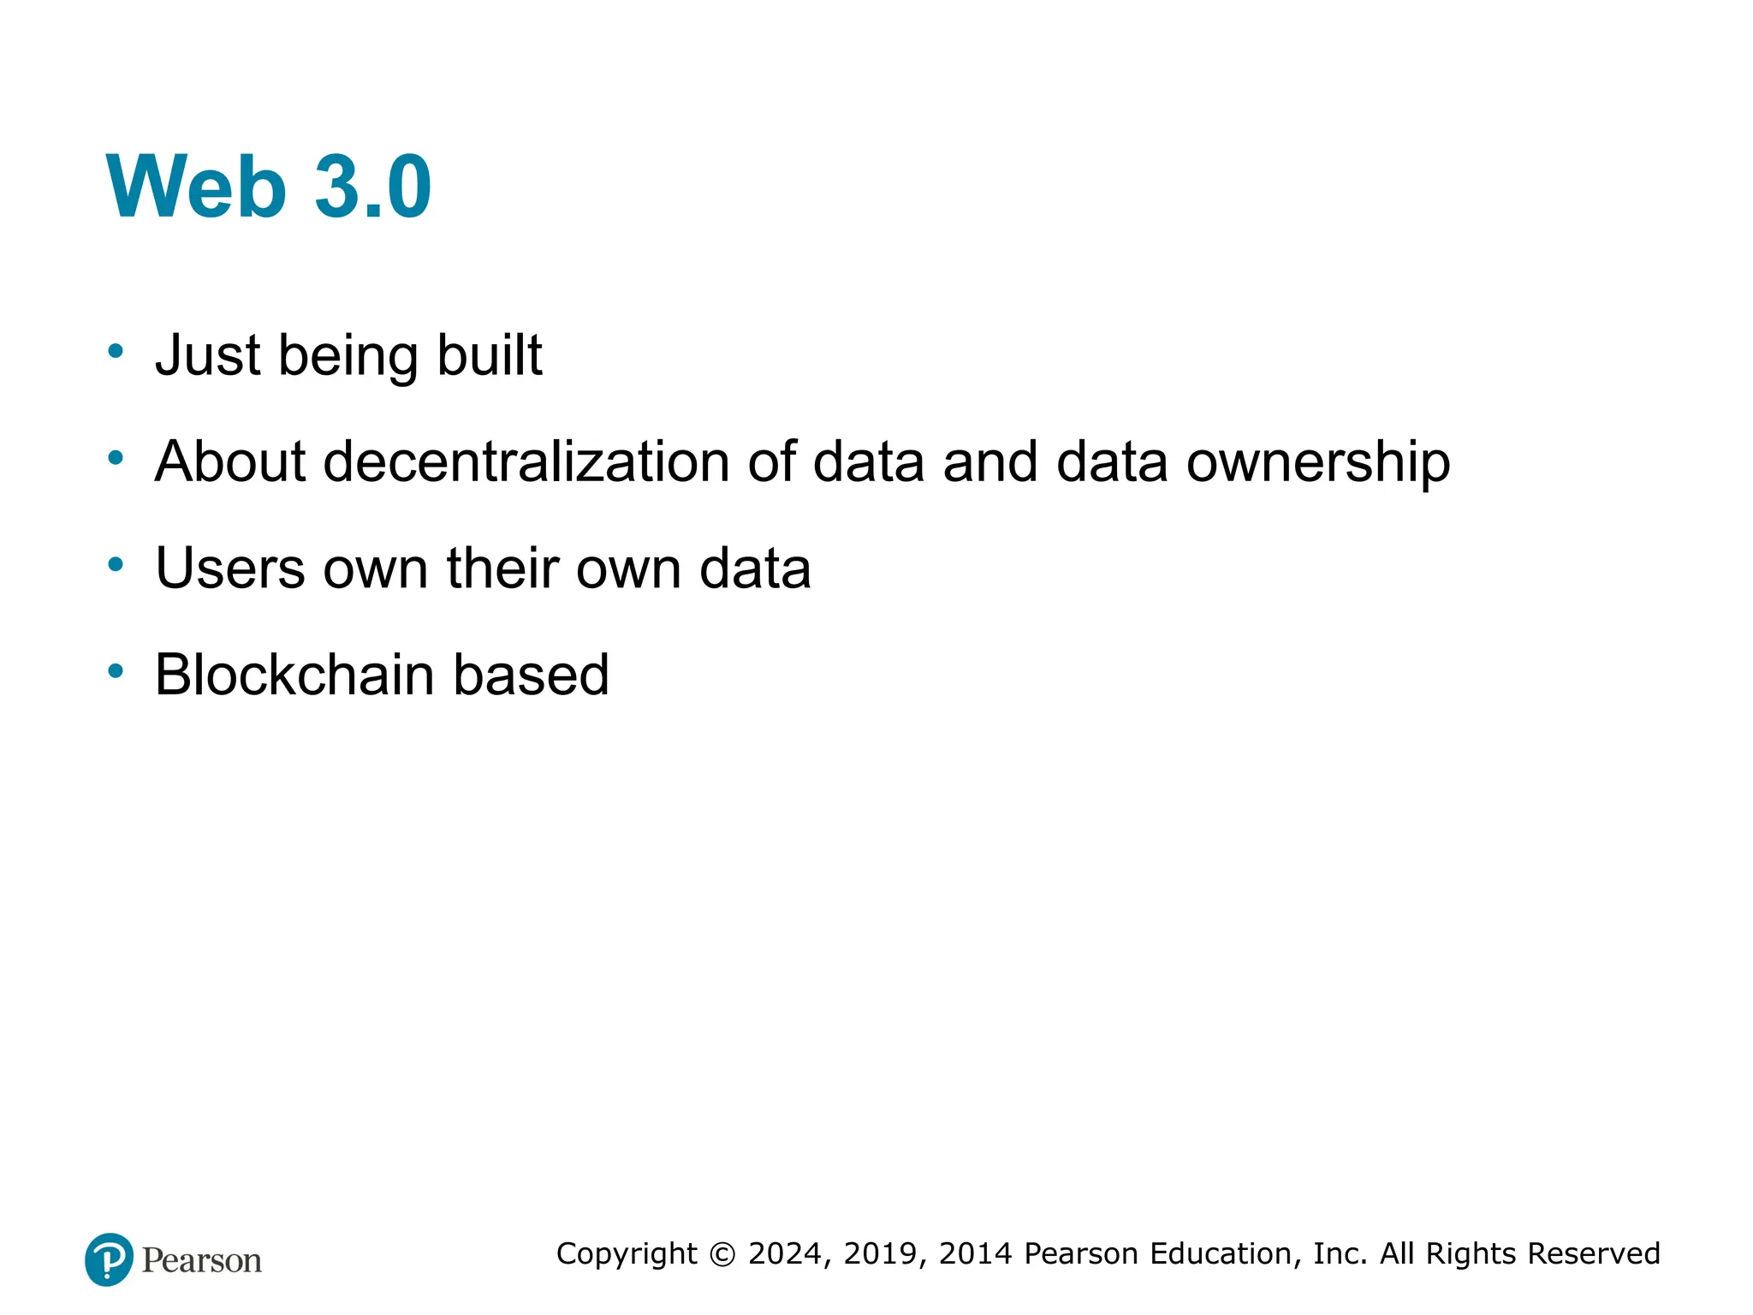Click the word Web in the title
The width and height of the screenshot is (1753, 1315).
[196, 187]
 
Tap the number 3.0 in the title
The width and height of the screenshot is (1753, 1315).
[372, 187]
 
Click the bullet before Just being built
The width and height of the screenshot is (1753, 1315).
[116, 351]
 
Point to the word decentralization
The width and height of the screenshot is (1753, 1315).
[526, 461]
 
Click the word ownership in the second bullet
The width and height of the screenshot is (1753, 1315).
[1317, 463]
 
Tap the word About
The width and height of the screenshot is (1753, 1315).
[229, 461]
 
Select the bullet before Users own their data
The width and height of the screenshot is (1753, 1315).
[116, 564]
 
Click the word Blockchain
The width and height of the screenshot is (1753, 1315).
[294, 675]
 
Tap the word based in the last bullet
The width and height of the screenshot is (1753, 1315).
[531, 675]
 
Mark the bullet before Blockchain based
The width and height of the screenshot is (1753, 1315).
[116, 671]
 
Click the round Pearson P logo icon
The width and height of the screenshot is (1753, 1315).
[109, 1259]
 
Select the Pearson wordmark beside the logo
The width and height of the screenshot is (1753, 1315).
[202, 1260]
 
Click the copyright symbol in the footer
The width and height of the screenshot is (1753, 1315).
[722, 1254]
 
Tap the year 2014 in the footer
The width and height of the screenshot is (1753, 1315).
[977, 1253]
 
